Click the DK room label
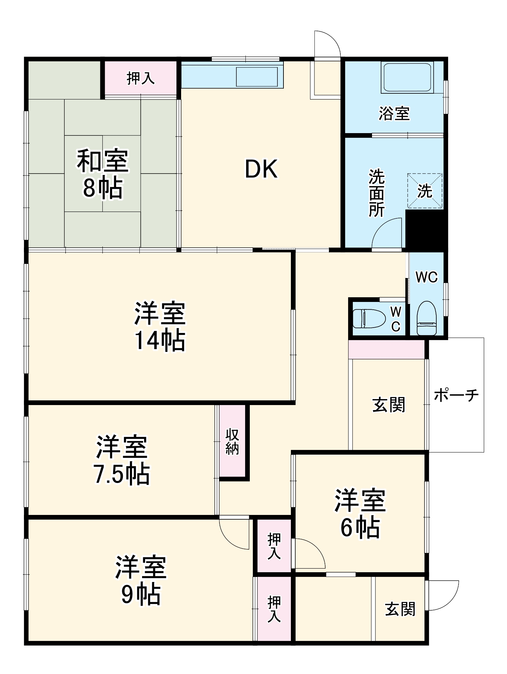(261, 169)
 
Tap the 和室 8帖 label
(103, 174)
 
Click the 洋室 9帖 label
(141, 580)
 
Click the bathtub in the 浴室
(407, 77)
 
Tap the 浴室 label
(394, 114)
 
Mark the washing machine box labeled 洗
(425, 191)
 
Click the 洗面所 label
(376, 193)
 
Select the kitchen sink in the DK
(257, 77)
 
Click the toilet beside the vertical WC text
(369, 318)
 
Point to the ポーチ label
(456, 395)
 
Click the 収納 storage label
(232, 441)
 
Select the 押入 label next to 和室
(140, 79)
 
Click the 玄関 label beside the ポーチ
(388, 405)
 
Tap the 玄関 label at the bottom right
(400, 609)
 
